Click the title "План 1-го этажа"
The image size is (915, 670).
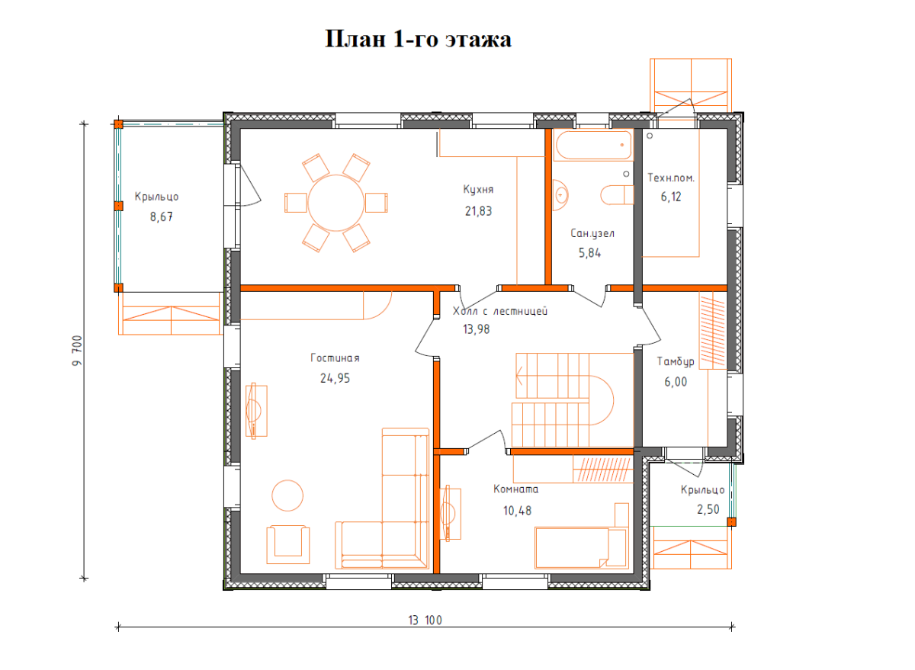tap(419, 40)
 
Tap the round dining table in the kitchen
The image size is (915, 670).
tap(336, 203)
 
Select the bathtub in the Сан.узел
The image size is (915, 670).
tap(593, 145)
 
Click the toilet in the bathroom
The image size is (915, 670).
tap(617, 195)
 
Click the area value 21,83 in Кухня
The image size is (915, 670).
tap(478, 211)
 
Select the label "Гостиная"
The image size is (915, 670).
tap(335, 358)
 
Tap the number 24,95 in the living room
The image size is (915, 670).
tap(335, 379)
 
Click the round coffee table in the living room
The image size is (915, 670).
tap(287, 495)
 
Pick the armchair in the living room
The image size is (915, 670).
tap(288, 545)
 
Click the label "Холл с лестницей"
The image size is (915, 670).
tap(500, 311)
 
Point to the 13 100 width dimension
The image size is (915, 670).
tap(425, 620)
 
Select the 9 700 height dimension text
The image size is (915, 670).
tap(77, 351)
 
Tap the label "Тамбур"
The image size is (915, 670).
tap(676, 362)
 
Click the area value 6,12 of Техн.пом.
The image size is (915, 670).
tap(671, 197)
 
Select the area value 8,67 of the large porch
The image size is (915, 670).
tap(162, 216)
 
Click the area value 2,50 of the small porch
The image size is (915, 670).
tap(708, 509)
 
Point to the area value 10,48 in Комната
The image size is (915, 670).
tap(517, 511)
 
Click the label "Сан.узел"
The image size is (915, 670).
tap(592, 233)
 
